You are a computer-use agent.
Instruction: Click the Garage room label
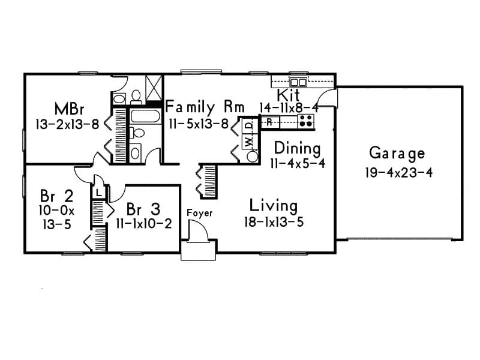pyautogui.click(x=397, y=153)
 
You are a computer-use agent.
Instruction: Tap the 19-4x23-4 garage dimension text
pyautogui.click(x=398, y=172)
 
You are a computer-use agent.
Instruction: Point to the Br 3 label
pyautogui.click(x=143, y=209)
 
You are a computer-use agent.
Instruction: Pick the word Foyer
pyautogui.click(x=199, y=213)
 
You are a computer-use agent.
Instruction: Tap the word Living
pyautogui.click(x=274, y=206)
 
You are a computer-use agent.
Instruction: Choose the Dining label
pyautogui.click(x=297, y=148)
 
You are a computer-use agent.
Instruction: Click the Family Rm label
pyautogui.click(x=205, y=107)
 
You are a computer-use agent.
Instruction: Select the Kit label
pyautogui.click(x=289, y=95)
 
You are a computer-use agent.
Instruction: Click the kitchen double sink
pyautogui.click(x=298, y=82)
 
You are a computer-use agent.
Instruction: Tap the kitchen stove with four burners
pyautogui.click(x=307, y=121)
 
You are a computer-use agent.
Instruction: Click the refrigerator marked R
pyautogui.click(x=269, y=122)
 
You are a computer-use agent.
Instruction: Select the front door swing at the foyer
pyautogui.click(x=199, y=232)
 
